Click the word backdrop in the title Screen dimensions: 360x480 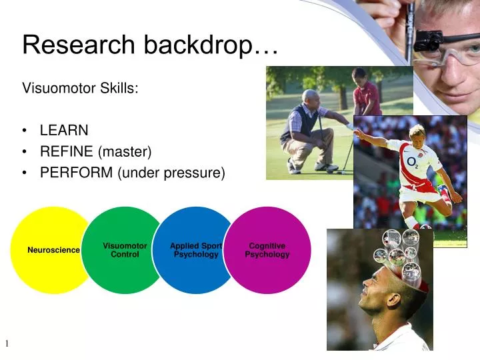click(197, 45)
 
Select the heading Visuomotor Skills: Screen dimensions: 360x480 click(81, 88)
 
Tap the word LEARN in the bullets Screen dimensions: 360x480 click(64, 130)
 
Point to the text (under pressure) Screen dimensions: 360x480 click(171, 173)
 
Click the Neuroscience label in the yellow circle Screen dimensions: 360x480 click(53, 250)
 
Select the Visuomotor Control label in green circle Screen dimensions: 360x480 click(125, 250)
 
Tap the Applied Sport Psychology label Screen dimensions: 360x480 click(196, 250)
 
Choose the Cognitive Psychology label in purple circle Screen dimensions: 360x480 click(267, 250)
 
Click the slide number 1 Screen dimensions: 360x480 click(7, 343)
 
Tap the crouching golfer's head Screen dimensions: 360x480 click(311, 97)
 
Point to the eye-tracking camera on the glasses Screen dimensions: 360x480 click(427, 44)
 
